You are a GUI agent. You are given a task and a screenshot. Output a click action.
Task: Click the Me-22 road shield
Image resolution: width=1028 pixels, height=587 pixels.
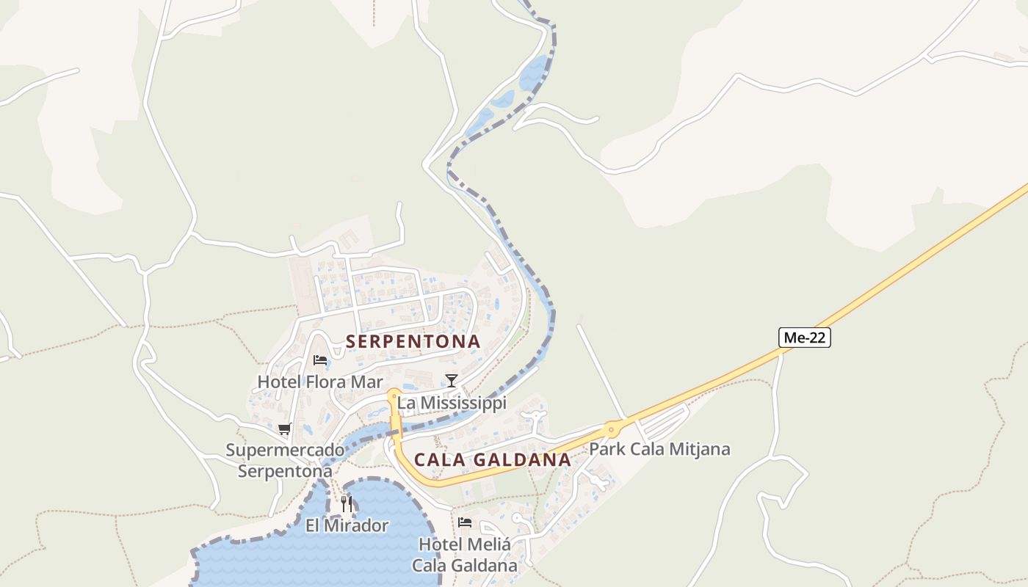804,338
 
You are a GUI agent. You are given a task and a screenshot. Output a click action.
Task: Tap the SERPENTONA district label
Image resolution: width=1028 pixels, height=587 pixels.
413,341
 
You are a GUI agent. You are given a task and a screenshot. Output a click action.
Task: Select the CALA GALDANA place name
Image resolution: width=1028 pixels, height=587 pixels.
492,460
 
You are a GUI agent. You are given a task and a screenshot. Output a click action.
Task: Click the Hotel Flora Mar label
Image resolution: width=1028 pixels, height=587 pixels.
320,382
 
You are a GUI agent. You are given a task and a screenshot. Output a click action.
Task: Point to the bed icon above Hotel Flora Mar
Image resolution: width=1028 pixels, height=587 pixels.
320,360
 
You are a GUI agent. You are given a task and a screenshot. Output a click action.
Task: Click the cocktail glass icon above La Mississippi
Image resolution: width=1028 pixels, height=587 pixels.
452,380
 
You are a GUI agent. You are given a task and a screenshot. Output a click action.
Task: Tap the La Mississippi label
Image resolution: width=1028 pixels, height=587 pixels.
452,404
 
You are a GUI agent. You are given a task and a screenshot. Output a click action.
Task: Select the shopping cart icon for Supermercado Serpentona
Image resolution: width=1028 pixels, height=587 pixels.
285,429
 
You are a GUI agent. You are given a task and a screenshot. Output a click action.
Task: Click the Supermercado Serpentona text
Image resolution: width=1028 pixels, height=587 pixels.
285,460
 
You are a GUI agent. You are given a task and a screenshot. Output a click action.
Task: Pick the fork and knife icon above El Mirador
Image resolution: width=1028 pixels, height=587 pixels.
347,504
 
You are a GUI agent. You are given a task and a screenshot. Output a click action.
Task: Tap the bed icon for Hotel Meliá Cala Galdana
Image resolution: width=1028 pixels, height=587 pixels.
465,522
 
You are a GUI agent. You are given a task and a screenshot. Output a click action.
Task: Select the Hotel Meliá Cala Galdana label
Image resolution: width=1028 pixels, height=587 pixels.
464,555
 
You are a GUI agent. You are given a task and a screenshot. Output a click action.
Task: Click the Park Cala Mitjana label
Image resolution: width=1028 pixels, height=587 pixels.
659,449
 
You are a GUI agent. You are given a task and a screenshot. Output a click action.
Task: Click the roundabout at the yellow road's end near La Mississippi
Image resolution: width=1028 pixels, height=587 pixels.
394,395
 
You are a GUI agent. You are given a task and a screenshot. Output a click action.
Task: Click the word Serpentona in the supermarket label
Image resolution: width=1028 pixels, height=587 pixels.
285,471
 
